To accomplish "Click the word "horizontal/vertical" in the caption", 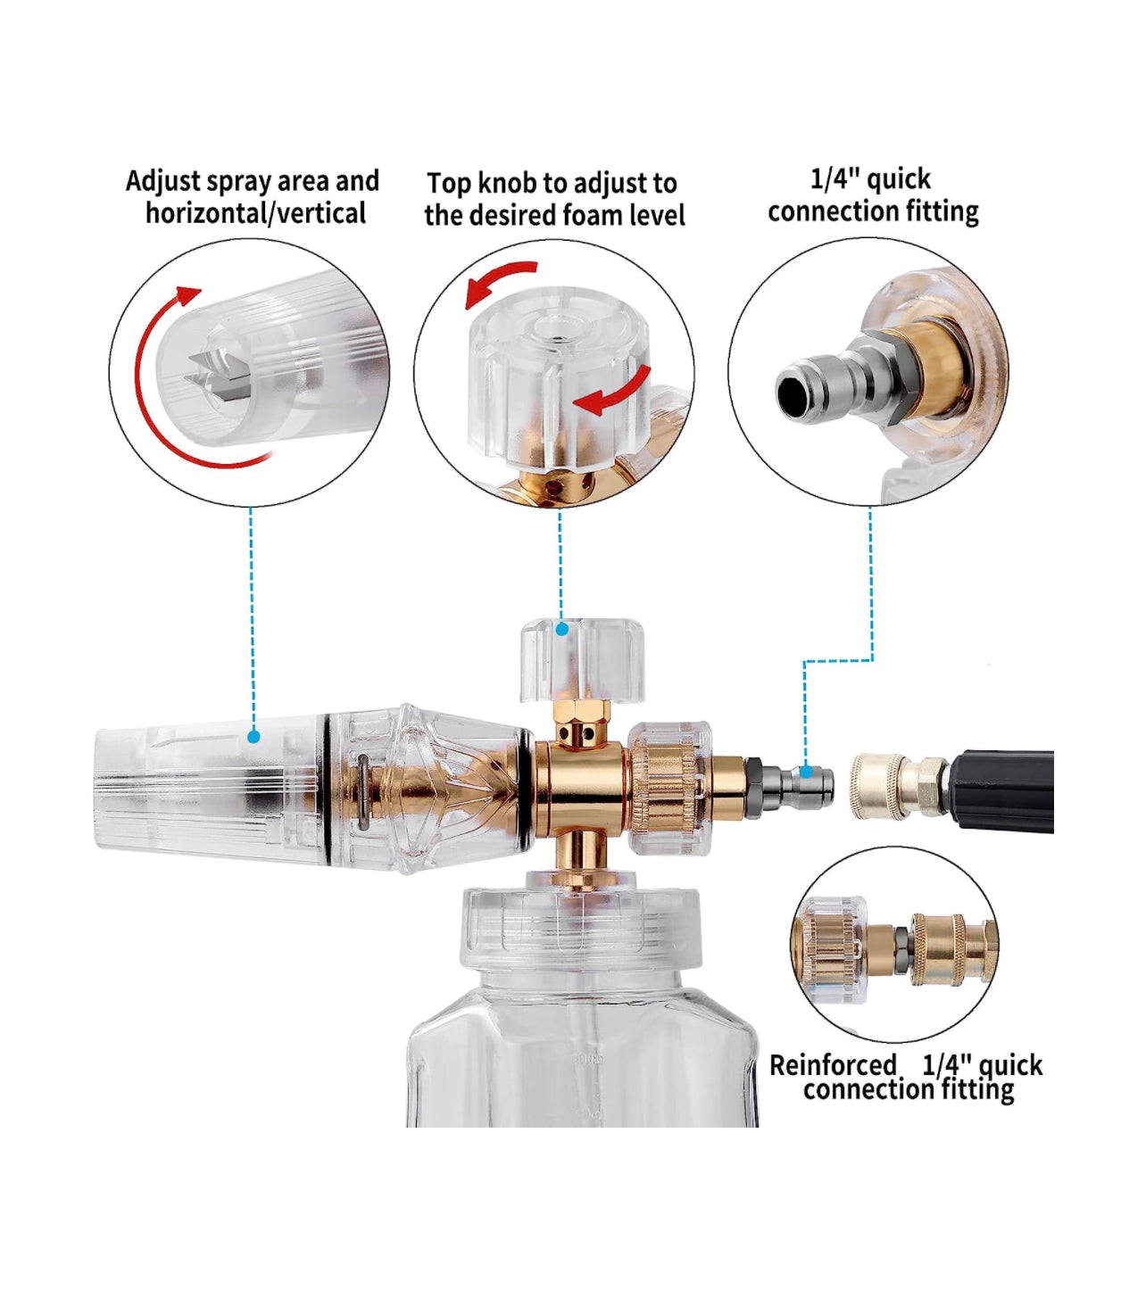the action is [x=256, y=213].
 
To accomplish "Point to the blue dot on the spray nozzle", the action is [x=254, y=737].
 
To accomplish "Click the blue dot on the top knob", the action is [x=561, y=629].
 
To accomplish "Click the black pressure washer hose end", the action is [x=1002, y=790].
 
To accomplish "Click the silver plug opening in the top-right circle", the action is [x=792, y=391].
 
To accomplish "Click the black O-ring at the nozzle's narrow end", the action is [x=525, y=786].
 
